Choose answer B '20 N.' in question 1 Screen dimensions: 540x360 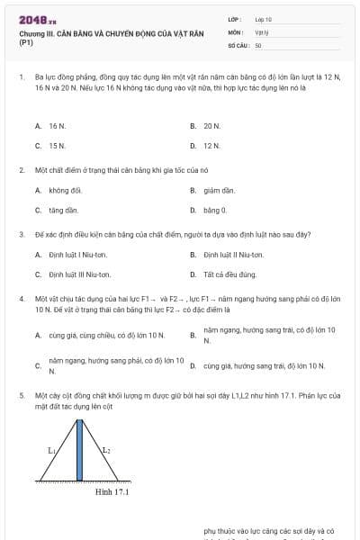pyautogui.click(x=211, y=126)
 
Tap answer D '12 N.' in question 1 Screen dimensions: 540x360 pyautogui.click(x=211, y=145)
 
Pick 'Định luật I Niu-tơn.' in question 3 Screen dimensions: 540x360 pyautogui.click(x=79, y=255)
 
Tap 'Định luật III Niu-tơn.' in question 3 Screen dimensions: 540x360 pyautogui.click(x=80, y=274)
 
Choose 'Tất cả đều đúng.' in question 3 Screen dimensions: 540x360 pyautogui.click(x=229, y=274)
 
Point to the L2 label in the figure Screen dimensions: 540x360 pyautogui.click(x=106, y=449)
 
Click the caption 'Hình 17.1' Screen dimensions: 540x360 pyautogui.click(x=112, y=492)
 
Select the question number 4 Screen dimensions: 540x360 pyautogui.click(x=21, y=298)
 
